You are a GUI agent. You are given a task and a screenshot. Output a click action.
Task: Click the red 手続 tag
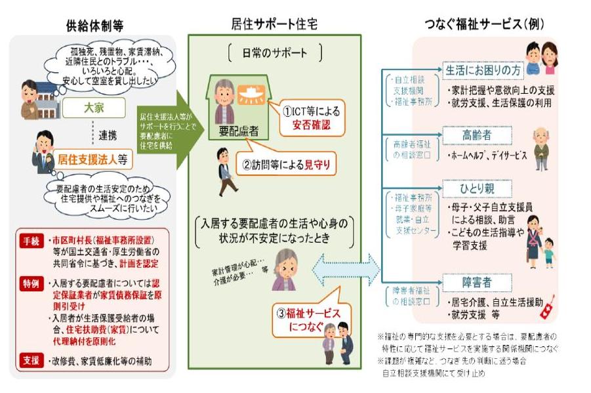tap(31, 239)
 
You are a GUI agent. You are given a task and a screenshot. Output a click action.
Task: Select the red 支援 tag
tap(31, 360)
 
